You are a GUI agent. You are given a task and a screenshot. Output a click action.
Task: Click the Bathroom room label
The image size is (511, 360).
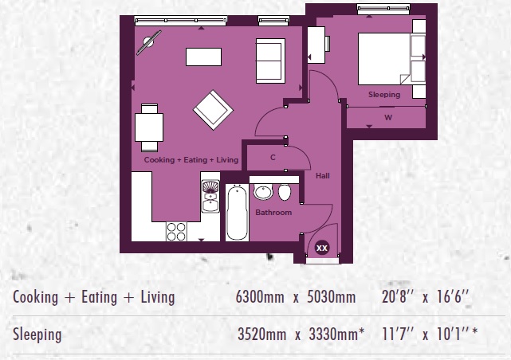pos(273,213)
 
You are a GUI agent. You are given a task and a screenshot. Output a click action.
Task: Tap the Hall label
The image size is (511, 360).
pos(323,176)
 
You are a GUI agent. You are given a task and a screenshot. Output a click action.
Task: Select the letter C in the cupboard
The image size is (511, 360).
pos(273,158)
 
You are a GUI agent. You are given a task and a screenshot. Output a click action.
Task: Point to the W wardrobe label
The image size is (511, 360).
pos(388,118)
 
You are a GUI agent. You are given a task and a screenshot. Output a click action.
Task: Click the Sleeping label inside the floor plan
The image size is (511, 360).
pos(384,95)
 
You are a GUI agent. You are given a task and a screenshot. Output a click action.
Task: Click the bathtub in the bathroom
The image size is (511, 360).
pos(237,213)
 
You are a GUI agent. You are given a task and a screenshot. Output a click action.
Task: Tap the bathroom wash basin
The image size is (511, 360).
pos(263,192)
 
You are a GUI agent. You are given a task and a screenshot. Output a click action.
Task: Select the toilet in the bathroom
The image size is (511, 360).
pos(285,192)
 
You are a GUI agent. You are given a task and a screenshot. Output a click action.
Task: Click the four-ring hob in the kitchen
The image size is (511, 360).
pos(176,232)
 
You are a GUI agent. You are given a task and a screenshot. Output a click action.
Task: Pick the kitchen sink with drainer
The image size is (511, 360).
pos(210,196)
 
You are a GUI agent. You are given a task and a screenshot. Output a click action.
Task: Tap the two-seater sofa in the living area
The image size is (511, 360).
pos(270,61)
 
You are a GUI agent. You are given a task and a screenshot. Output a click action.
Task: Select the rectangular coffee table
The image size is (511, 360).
pos(204,57)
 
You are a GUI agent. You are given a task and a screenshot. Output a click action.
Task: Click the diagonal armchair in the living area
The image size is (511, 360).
pos(213,110)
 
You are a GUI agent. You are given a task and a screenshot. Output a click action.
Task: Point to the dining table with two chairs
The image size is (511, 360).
pos(149,127)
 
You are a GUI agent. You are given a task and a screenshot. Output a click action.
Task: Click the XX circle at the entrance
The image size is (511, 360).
pos(322,248)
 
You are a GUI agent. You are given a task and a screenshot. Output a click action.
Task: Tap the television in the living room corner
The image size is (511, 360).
pos(149,42)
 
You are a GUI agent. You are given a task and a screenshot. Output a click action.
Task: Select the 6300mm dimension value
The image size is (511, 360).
pos(260,297)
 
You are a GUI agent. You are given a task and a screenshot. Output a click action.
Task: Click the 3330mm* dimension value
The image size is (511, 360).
pos(336,335)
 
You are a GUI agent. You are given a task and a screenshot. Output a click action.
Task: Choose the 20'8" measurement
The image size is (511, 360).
pos(397,297)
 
